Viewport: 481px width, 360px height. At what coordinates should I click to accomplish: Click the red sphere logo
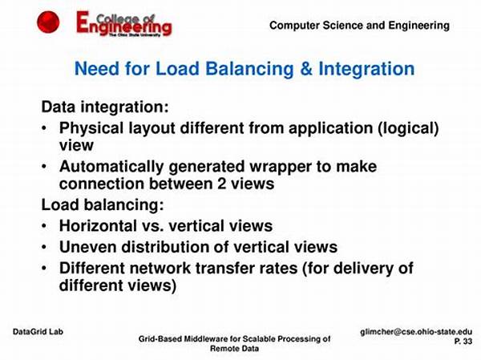[48, 22]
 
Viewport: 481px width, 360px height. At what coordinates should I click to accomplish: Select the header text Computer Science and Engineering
[359, 26]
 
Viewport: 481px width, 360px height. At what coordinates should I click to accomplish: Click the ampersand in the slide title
[306, 68]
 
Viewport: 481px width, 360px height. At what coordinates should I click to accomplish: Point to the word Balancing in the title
[249, 69]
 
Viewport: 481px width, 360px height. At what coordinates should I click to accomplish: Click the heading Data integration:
[105, 107]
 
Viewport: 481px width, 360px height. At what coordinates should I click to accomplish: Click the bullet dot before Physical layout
[44, 127]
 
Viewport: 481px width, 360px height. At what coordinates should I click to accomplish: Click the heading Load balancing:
[103, 205]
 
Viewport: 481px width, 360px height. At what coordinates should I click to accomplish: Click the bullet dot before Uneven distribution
[44, 247]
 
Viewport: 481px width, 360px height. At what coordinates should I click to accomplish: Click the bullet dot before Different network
[44, 268]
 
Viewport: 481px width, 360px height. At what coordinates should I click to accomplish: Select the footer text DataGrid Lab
[38, 332]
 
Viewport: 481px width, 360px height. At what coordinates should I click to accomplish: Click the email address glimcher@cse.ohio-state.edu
[416, 332]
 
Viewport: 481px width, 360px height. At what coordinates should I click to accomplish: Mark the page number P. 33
[463, 342]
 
